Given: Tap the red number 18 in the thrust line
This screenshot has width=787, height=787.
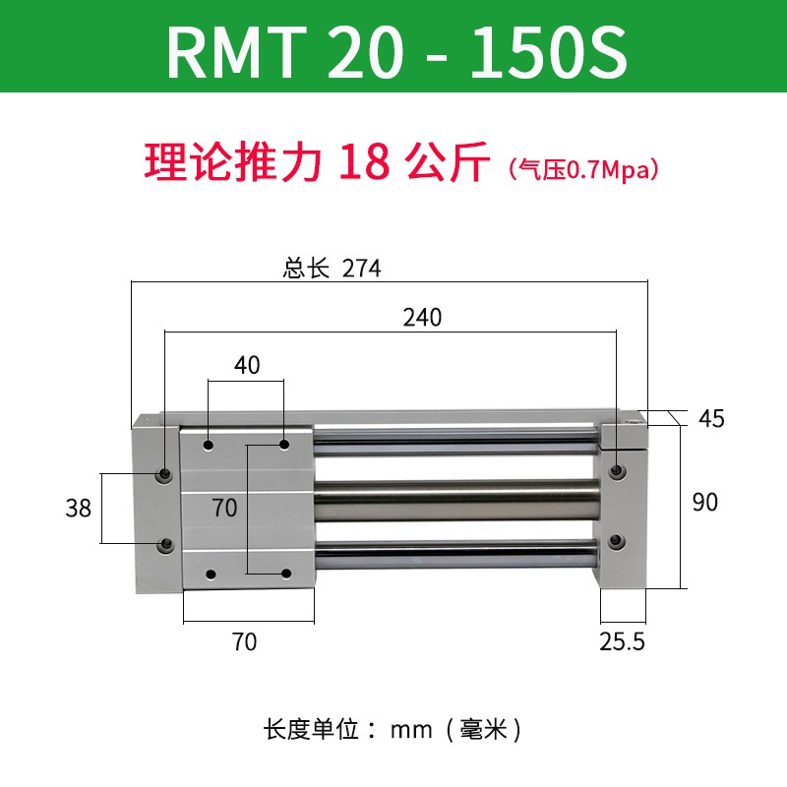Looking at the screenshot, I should click(362, 163).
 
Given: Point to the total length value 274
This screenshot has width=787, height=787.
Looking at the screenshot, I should click(361, 269).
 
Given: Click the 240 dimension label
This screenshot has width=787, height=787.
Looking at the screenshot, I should click(422, 318).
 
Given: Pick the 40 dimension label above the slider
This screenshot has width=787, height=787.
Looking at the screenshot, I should click(247, 365).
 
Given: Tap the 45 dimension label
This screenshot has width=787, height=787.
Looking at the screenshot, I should click(710, 418).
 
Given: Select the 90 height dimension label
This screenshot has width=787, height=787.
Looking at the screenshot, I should click(704, 502).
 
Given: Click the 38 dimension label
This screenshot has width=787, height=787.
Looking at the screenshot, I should click(78, 508).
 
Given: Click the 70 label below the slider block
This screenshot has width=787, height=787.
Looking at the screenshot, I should click(244, 642).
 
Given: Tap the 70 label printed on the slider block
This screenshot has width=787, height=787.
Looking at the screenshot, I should click(225, 508).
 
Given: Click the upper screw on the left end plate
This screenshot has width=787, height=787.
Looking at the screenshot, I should click(164, 475).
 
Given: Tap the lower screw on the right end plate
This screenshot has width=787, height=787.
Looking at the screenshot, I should click(617, 540).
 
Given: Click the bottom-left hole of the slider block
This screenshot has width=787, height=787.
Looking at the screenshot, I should click(210, 573).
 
